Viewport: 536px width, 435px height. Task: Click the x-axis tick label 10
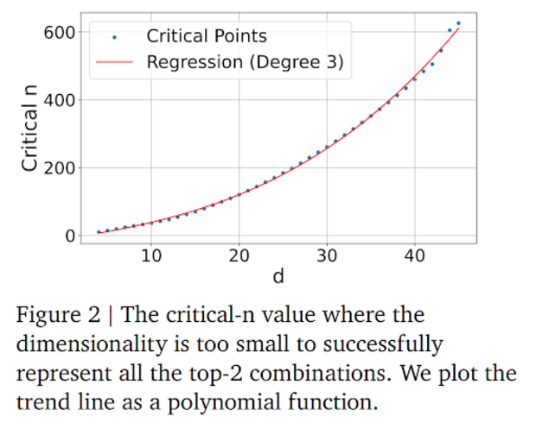point(151,255)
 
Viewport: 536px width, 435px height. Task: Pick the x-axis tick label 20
point(239,255)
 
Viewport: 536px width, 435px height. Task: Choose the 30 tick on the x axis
point(327,255)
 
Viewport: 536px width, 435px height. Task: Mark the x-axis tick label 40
point(414,255)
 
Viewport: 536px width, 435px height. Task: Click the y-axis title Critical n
point(30,133)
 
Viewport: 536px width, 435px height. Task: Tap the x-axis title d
point(278,276)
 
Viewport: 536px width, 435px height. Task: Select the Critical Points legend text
point(207,36)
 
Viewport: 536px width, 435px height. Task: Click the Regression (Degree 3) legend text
point(245,62)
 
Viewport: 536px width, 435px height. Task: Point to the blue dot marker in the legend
point(113,37)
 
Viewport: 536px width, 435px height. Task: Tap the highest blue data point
point(458,23)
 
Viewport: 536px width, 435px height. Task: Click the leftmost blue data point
point(99,231)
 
